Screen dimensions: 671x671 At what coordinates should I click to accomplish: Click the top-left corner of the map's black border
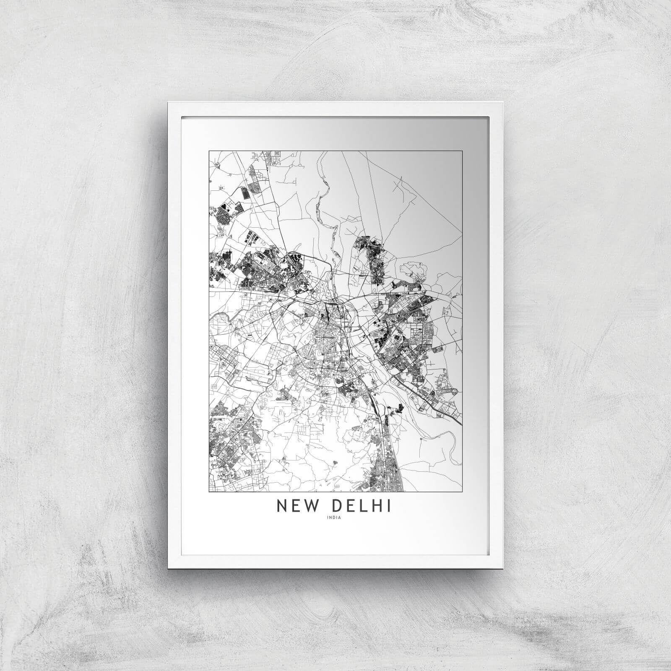point(209,151)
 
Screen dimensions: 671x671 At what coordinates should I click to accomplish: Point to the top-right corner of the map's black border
point(463,151)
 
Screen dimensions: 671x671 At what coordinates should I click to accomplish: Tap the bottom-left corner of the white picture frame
point(167,569)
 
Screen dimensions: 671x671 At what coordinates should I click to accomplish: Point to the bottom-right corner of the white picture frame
point(503,569)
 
